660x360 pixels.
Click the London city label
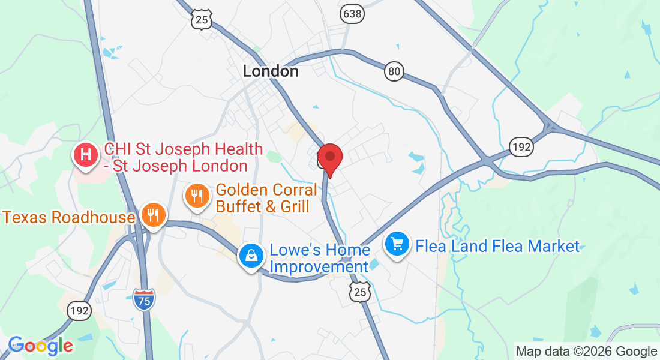[x=270, y=71]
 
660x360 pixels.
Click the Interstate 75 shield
[x=144, y=298]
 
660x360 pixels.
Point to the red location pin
[x=329, y=157]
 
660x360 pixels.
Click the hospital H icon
[x=86, y=155]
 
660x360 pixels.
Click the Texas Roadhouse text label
[x=69, y=217]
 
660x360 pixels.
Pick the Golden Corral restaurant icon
[x=197, y=195]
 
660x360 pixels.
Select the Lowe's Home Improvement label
[x=319, y=258]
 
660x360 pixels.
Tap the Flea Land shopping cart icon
[x=397, y=244]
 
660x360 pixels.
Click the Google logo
[x=40, y=345]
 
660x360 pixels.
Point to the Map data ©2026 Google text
[x=586, y=352]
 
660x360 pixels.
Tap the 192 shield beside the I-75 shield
[x=79, y=310]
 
